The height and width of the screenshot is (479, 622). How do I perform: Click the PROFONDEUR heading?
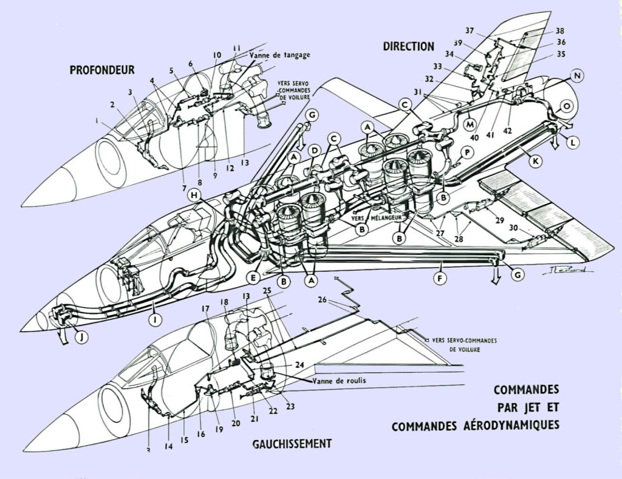point(102,70)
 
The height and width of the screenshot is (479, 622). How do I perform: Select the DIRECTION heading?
point(408,46)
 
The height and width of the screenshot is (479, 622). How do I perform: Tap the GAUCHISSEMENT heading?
point(292,444)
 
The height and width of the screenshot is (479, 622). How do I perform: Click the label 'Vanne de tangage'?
point(279,55)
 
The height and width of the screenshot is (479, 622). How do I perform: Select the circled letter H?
point(193,195)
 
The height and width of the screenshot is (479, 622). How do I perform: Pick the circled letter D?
point(314,150)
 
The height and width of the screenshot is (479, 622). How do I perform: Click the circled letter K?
point(535,162)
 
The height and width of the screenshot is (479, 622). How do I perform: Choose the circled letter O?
point(566,106)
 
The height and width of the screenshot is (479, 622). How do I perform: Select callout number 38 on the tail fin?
point(559,31)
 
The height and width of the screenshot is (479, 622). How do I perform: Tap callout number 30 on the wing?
point(513,228)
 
